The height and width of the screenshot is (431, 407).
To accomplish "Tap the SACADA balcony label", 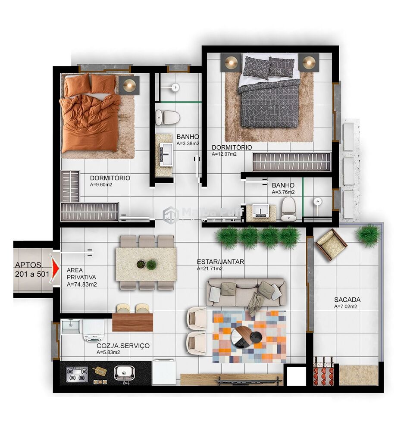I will click(x=347, y=300).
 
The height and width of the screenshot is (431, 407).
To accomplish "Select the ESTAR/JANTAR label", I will click(x=220, y=262).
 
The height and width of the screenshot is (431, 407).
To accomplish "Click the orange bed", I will click(x=90, y=114).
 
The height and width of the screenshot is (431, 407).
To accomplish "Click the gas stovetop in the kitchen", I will click(x=77, y=374).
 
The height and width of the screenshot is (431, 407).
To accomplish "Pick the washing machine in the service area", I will click(x=94, y=330).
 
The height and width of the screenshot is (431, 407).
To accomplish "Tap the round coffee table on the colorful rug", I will click(x=243, y=337).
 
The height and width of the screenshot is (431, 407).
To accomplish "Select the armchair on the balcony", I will click(x=331, y=244).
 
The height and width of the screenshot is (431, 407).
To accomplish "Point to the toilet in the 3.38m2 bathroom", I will click(x=167, y=116).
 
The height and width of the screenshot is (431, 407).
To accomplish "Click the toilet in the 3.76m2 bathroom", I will click(x=288, y=209).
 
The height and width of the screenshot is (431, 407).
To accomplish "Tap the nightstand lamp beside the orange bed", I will click(x=129, y=85).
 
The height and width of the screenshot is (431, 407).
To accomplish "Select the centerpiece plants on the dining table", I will click(x=146, y=264).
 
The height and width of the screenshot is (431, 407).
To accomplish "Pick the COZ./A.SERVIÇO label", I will click(x=123, y=346).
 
